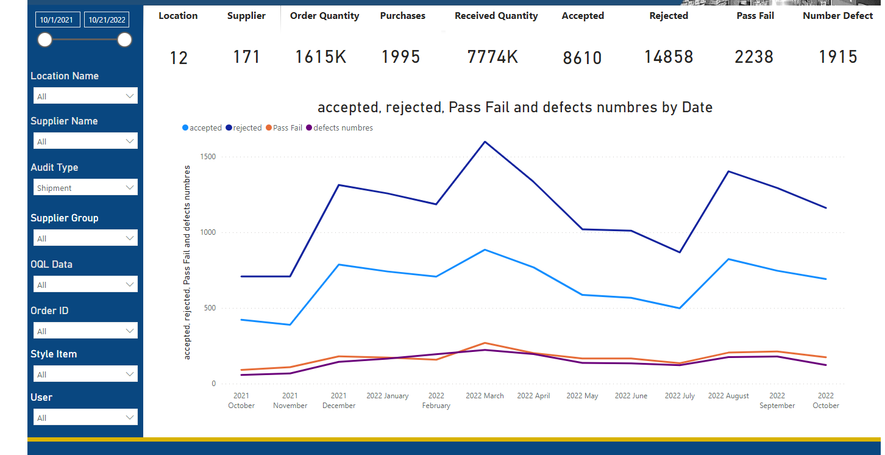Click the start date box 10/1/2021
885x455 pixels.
(x=57, y=20)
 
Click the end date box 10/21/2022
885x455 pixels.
(x=107, y=20)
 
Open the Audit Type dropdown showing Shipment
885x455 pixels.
(x=85, y=188)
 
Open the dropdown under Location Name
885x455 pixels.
(x=85, y=96)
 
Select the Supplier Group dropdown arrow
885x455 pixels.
(x=130, y=238)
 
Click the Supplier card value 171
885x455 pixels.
(x=246, y=57)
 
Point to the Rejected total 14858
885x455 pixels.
(x=669, y=57)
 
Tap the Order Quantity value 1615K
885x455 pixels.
(x=321, y=57)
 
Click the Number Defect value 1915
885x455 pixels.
(x=837, y=57)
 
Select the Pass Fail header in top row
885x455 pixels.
(x=755, y=16)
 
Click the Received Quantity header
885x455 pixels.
(x=496, y=16)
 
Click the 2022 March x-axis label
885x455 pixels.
(x=485, y=396)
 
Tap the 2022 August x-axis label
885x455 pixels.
(x=728, y=396)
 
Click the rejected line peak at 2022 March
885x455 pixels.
(x=485, y=142)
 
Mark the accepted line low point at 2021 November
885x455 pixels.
(x=290, y=324)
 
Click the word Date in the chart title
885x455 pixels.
(x=697, y=108)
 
